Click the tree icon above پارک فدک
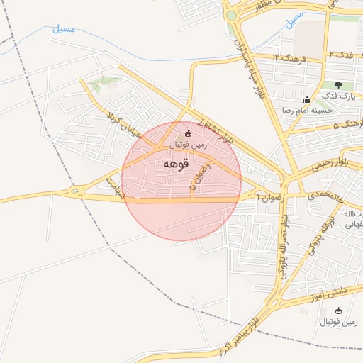[x=338, y=85]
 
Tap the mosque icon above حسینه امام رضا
[x=306, y=100]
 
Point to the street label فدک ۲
[x=340, y=55]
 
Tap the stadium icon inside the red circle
[x=188, y=133]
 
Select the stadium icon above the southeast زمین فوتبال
[x=338, y=311]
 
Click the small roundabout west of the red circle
[x=75, y=191]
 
